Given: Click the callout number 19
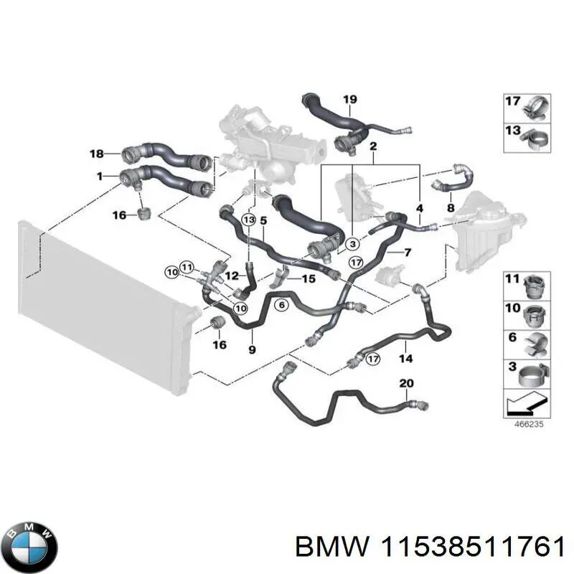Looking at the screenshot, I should [x=349, y=100].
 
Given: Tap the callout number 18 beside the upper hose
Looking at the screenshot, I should [x=97, y=153].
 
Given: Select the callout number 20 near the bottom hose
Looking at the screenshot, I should [x=406, y=383].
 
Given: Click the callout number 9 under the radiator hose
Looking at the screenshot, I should [x=251, y=349].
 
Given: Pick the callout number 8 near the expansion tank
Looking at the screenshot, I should [x=451, y=208].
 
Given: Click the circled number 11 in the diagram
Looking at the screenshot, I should [x=187, y=267].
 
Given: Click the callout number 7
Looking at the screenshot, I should [x=408, y=253].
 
